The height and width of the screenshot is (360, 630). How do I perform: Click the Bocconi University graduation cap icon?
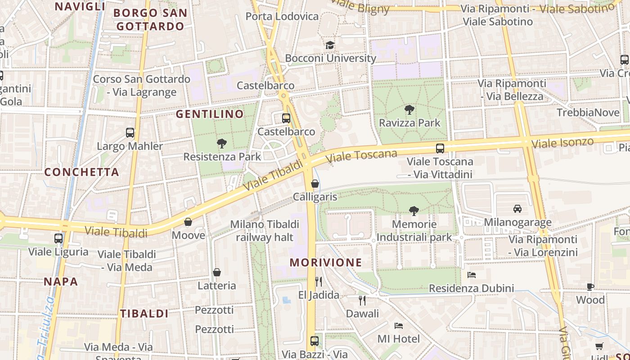[330, 45]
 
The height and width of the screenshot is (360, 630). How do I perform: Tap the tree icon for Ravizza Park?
[409, 109]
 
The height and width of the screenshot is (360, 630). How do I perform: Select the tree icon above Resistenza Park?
[221, 144]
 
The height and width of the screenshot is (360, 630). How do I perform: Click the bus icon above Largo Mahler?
[130, 133]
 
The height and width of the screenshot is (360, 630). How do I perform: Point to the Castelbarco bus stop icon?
[286, 118]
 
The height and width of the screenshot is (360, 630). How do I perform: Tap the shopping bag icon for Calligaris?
[315, 184]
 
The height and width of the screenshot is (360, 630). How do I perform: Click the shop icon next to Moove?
[188, 222]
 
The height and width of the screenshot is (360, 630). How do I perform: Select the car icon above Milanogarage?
[517, 209]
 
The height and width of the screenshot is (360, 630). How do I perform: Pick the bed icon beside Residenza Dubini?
[472, 274]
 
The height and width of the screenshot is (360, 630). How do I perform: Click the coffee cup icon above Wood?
[590, 287]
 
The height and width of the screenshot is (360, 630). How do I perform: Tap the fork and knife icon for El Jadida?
[319, 282]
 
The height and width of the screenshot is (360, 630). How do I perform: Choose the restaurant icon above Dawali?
[362, 300]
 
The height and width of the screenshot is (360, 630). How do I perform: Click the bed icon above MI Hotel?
[399, 325]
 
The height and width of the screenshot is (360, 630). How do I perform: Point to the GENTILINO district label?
[210, 114]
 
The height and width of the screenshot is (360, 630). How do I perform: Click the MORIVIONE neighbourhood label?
[326, 262]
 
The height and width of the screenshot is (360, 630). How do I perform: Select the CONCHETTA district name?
[82, 172]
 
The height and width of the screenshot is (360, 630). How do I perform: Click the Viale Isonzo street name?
[562, 144]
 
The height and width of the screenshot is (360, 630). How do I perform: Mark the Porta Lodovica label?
[282, 17]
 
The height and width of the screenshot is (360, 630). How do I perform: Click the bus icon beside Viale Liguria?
[58, 238]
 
